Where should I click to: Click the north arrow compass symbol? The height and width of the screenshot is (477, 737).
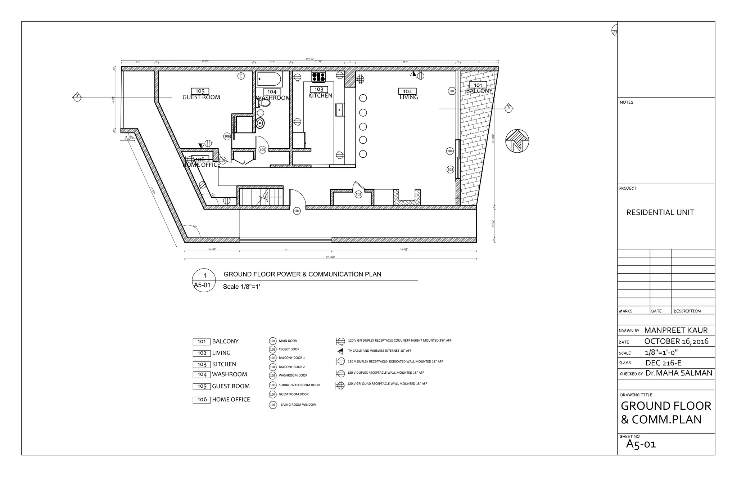click(x=517, y=141)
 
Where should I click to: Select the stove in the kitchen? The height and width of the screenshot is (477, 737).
click(x=318, y=77)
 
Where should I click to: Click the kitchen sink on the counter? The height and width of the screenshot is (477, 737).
click(x=340, y=110)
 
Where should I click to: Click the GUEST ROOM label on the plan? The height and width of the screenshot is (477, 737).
click(x=201, y=97)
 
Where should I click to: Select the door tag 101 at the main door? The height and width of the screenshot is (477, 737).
click(x=297, y=211)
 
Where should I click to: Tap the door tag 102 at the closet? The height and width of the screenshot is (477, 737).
click(x=358, y=194)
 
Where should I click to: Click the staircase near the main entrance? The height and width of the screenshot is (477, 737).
click(x=261, y=197)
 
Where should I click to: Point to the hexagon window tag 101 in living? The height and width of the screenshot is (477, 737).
click(x=452, y=91)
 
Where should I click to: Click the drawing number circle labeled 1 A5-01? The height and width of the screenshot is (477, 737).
click(x=204, y=280)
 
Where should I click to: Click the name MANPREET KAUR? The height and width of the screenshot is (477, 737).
click(x=675, y=330)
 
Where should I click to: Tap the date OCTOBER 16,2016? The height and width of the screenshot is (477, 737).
click(x=676, y=341)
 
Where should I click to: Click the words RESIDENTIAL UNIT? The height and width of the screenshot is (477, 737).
click(x=660, y=212)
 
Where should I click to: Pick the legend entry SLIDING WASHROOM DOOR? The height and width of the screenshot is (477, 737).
click(x=299, y=385)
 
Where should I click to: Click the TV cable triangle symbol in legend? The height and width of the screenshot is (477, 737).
click(x=340, y=351)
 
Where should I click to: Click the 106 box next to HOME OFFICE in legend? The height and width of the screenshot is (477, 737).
click(x=202, y=400)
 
